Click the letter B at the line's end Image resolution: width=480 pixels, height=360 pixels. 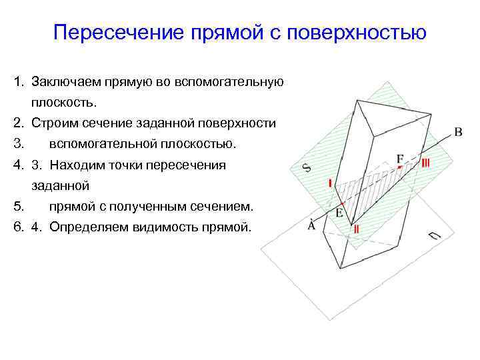pyautogui.click(x=458, y=132)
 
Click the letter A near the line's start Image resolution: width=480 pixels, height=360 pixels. pyautogui.click(x=311, y=226)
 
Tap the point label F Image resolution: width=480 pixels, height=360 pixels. pyautogui.click(x=400, y=159)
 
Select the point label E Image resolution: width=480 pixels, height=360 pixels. pyautogui.click(x=339, y=213)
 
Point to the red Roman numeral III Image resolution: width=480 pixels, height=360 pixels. pyautogui.click(x=425, y=162)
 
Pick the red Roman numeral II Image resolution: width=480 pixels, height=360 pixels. pyautogui.click(x=357, y=229)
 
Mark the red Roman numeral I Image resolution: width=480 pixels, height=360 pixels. pyautogui.click(x=329, y=183)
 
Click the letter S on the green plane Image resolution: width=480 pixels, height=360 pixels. pyautogui.click(x=307, y=167)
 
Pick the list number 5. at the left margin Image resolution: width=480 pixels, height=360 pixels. pyautogui.click(x=19, y=206)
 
